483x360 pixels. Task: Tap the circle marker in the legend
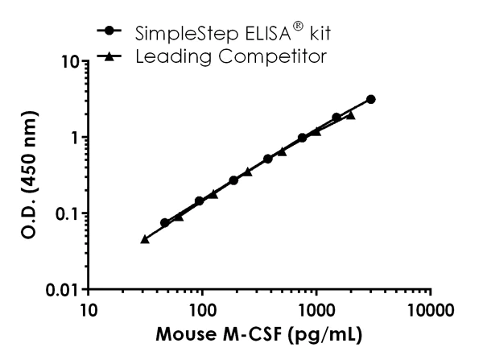coord(109,32)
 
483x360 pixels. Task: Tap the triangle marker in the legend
coord(109,56)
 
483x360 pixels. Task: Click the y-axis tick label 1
coord(73,137)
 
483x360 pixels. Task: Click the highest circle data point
coord(370,99)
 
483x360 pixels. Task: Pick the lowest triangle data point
coord(145,239)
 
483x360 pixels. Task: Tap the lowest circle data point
coord(165,222)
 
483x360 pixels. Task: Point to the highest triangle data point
coord(350,115)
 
